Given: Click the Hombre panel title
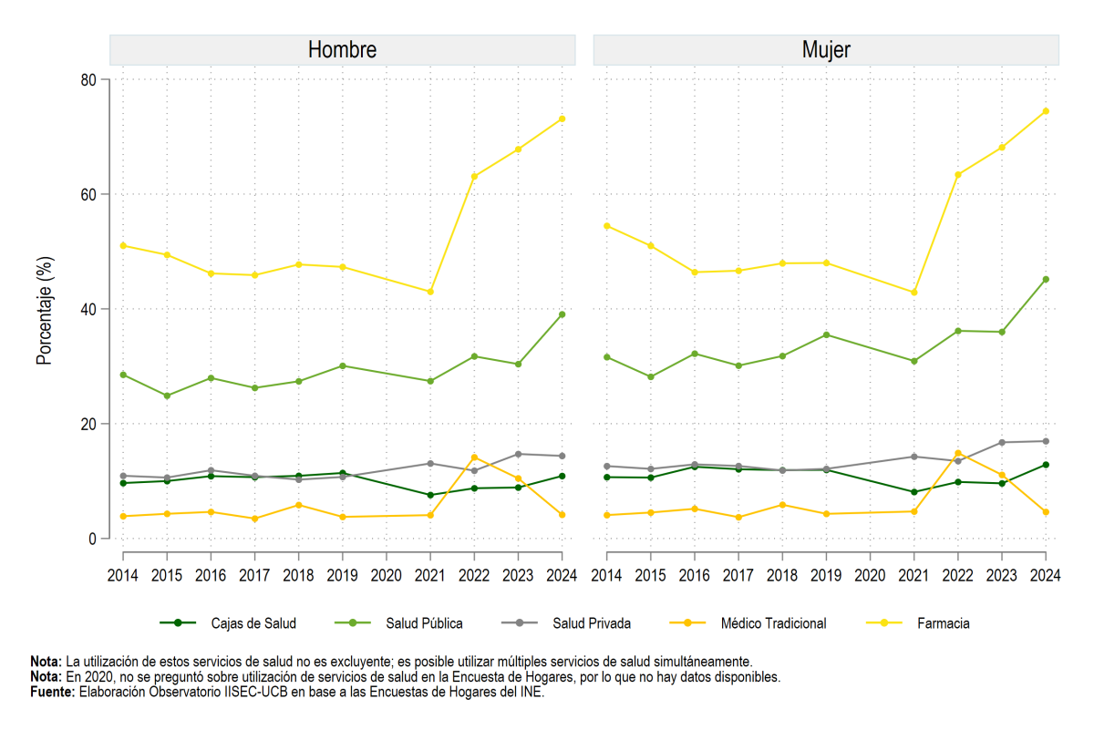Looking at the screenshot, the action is [x=342, y=50].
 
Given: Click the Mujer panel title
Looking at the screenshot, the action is [x=826, y=50].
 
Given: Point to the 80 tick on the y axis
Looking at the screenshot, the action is [x=88, y=79].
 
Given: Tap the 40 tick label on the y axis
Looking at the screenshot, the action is [x=88, y=309].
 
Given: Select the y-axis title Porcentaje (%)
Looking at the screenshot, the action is [x=45, y=311].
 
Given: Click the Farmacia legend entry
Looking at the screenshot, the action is [x=918, y=623].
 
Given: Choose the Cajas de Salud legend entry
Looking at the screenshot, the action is [x=228, y=623].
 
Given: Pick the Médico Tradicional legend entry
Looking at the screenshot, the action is [x=748, y=623].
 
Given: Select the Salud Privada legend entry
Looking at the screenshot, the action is [x=566, y=623].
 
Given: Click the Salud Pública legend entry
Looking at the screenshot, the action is [x=398, y=623].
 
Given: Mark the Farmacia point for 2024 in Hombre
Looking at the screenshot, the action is [x=562, y=118].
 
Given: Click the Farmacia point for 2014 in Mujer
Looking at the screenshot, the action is [x=606, y=226].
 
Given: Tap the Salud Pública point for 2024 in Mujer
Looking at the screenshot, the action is [x=1046, y=279].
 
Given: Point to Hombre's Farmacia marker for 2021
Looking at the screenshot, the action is [x=430, y=292].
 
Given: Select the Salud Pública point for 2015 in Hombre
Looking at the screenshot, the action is [x=167, y=396].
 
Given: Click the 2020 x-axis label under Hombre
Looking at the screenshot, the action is [x=386, y=575].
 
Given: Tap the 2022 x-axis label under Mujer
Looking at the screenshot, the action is [x=958, y=575].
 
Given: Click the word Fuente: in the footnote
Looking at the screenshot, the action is [x=53, y=692].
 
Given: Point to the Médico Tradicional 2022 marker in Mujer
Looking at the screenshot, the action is [x=958, y=453].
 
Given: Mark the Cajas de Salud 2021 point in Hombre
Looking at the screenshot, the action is [x=430, y=495].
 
